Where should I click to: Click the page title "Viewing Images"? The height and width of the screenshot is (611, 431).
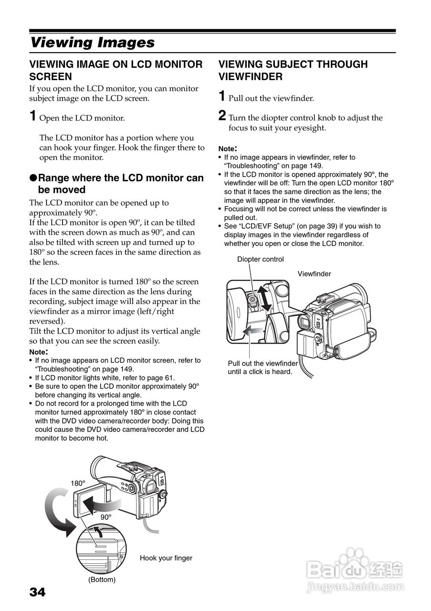(x=92, y=42)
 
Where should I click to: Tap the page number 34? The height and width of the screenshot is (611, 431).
(x=38, y=592)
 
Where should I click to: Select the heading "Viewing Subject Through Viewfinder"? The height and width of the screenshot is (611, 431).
(x=293, y=70)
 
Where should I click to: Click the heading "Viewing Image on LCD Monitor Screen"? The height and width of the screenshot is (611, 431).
(x=116, y=70)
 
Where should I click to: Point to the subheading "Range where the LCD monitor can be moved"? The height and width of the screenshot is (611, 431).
(x=116, y=183)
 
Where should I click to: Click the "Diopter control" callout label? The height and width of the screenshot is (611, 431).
(x=260, y=259)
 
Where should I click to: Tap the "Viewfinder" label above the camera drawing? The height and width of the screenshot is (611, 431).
(x=314, y=274)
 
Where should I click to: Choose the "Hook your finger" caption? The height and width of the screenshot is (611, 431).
(x=166, y=558)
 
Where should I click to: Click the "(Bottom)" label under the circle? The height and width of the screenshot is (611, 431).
(x=102, y=579)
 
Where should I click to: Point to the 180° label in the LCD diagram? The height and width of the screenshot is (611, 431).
(x=78, y=483)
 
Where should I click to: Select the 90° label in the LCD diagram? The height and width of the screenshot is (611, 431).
(x=105, y=517)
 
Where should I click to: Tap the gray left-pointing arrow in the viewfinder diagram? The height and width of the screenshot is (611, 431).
(x=253, y=330)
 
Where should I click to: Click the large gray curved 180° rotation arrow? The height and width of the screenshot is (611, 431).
(x=56, y=516)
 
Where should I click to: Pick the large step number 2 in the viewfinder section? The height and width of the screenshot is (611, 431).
(x=222, y=116)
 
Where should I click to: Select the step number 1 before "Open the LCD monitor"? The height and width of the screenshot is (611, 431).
(x=32, y=116)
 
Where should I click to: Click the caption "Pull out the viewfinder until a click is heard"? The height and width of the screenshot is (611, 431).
(x=263, y=368)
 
